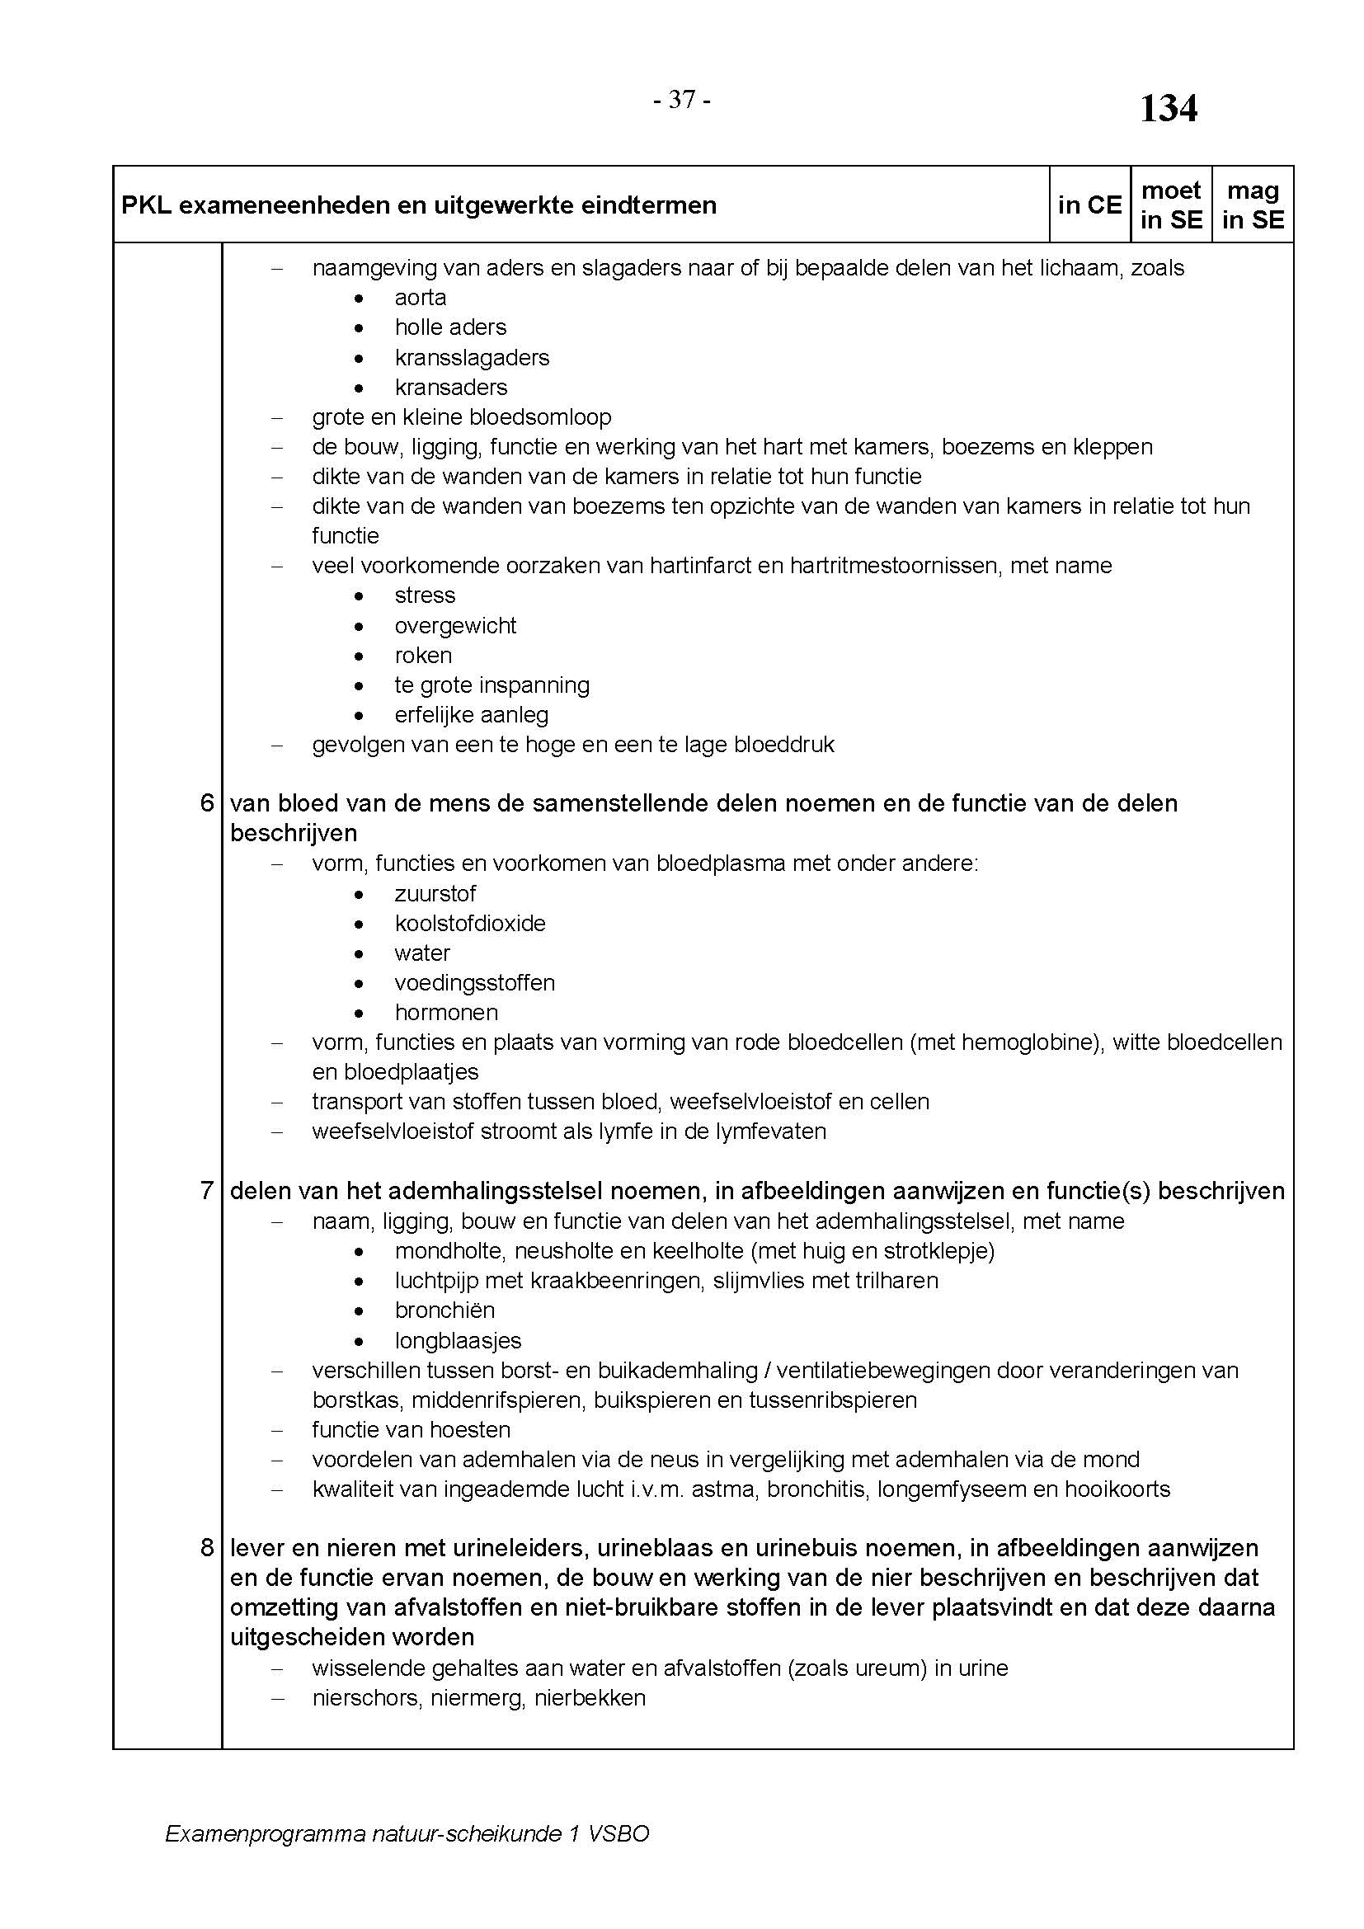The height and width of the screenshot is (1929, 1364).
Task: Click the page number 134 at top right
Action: pyautogui.click(x=1168, y=109)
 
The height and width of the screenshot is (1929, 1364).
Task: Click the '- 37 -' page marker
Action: pyautogui.click(x=682, y=100)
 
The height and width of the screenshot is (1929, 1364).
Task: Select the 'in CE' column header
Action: pyautogui.click(x=1089, y=205)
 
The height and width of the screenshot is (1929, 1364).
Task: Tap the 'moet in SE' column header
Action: pyautogui.click(x=1171, y=205)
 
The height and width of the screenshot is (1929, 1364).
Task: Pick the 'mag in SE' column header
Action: pyautogui.click(x=1253, y=205)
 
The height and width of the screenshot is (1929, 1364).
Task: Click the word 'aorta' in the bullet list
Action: pyautogui.click(x=420, y=298)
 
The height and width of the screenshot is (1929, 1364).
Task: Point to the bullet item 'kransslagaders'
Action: pyautogui.click(x=472, y=357)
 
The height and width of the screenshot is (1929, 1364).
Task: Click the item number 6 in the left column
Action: pyautogui.click(x=207, y=803)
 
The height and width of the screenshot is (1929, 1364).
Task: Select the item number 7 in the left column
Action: pyautogui.click(x=207, y=1191)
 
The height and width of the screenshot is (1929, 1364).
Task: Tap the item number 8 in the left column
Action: pyautogui.click(x=207, y=1547)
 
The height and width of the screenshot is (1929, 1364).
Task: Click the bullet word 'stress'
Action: pyautogui.click(x=425, y=595)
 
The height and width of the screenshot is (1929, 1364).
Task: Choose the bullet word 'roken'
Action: pyautogui.click(x=423, y=655)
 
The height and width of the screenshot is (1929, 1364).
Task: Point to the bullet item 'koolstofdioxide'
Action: pyautogui.click(x=469, y=923)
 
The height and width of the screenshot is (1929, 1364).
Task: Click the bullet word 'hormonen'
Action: pyautogui.click(x=446, y=1012)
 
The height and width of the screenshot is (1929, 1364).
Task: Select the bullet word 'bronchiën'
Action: pyautogui.click(x=444, y=1310)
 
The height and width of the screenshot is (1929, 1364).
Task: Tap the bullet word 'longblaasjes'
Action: pyautogui.click(x=458, y=1340)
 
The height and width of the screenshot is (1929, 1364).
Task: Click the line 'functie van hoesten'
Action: pyautogui.click(x=411, y=1429)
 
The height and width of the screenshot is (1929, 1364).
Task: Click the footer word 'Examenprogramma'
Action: pyautogui.click(x=265, y=1833)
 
